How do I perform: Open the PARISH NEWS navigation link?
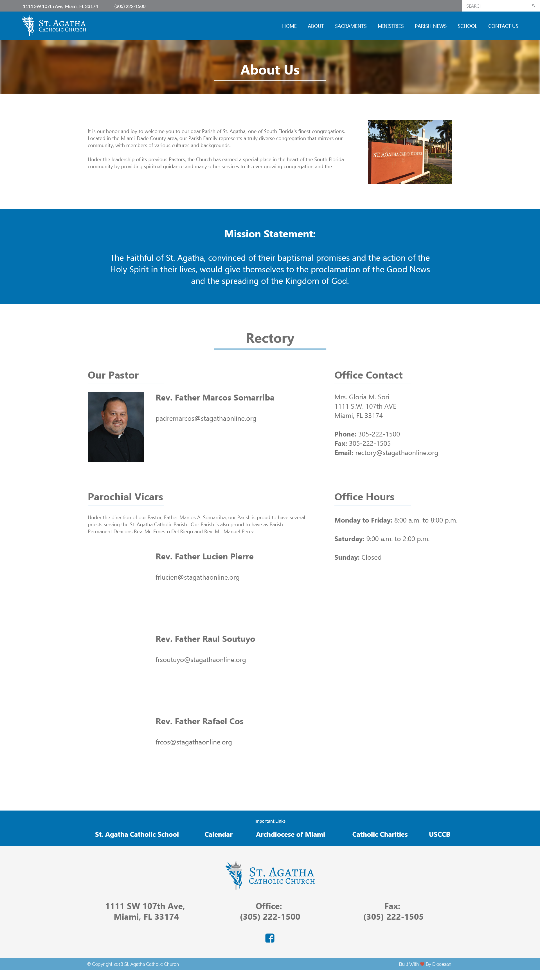pyautogui.click(x=430, y=26)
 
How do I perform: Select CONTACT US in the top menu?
pyautogui.click(x=503, y=26)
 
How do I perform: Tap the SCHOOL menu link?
pyautogui.click(x=467, y=26)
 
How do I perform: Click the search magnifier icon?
pyautogui.click(x=533, y=6)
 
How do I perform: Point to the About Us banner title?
pyautogui.click(x=270, y=70)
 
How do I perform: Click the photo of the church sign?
pyautogui.click(x=410, y=152)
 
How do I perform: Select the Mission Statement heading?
pyautogui.click(x=270, y=234)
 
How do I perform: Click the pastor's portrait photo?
pyautogui.click(x=116, y=427)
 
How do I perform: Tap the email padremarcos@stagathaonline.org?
pyautogui.click(x=206, y=418)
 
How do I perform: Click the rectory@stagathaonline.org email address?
pyautogui.click(x=397, y=453)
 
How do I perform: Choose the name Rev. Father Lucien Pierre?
pyautogui.click(x=204, y=557)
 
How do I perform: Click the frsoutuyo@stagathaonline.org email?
pyautogui.click(x=200, y=660)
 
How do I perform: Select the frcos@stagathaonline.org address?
pyautogui.click(x=193, y=742)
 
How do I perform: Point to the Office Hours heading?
pyautogui.click(x=364, y=497)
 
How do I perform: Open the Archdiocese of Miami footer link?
pyautogui.click(x=290, y=834)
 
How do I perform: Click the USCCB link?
pyautogui.click(x=439, y=834)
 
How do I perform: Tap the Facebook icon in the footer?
pyautogui.click(x=270, y=938)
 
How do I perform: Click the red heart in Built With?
pyautogui.click(x=422, y=964)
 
